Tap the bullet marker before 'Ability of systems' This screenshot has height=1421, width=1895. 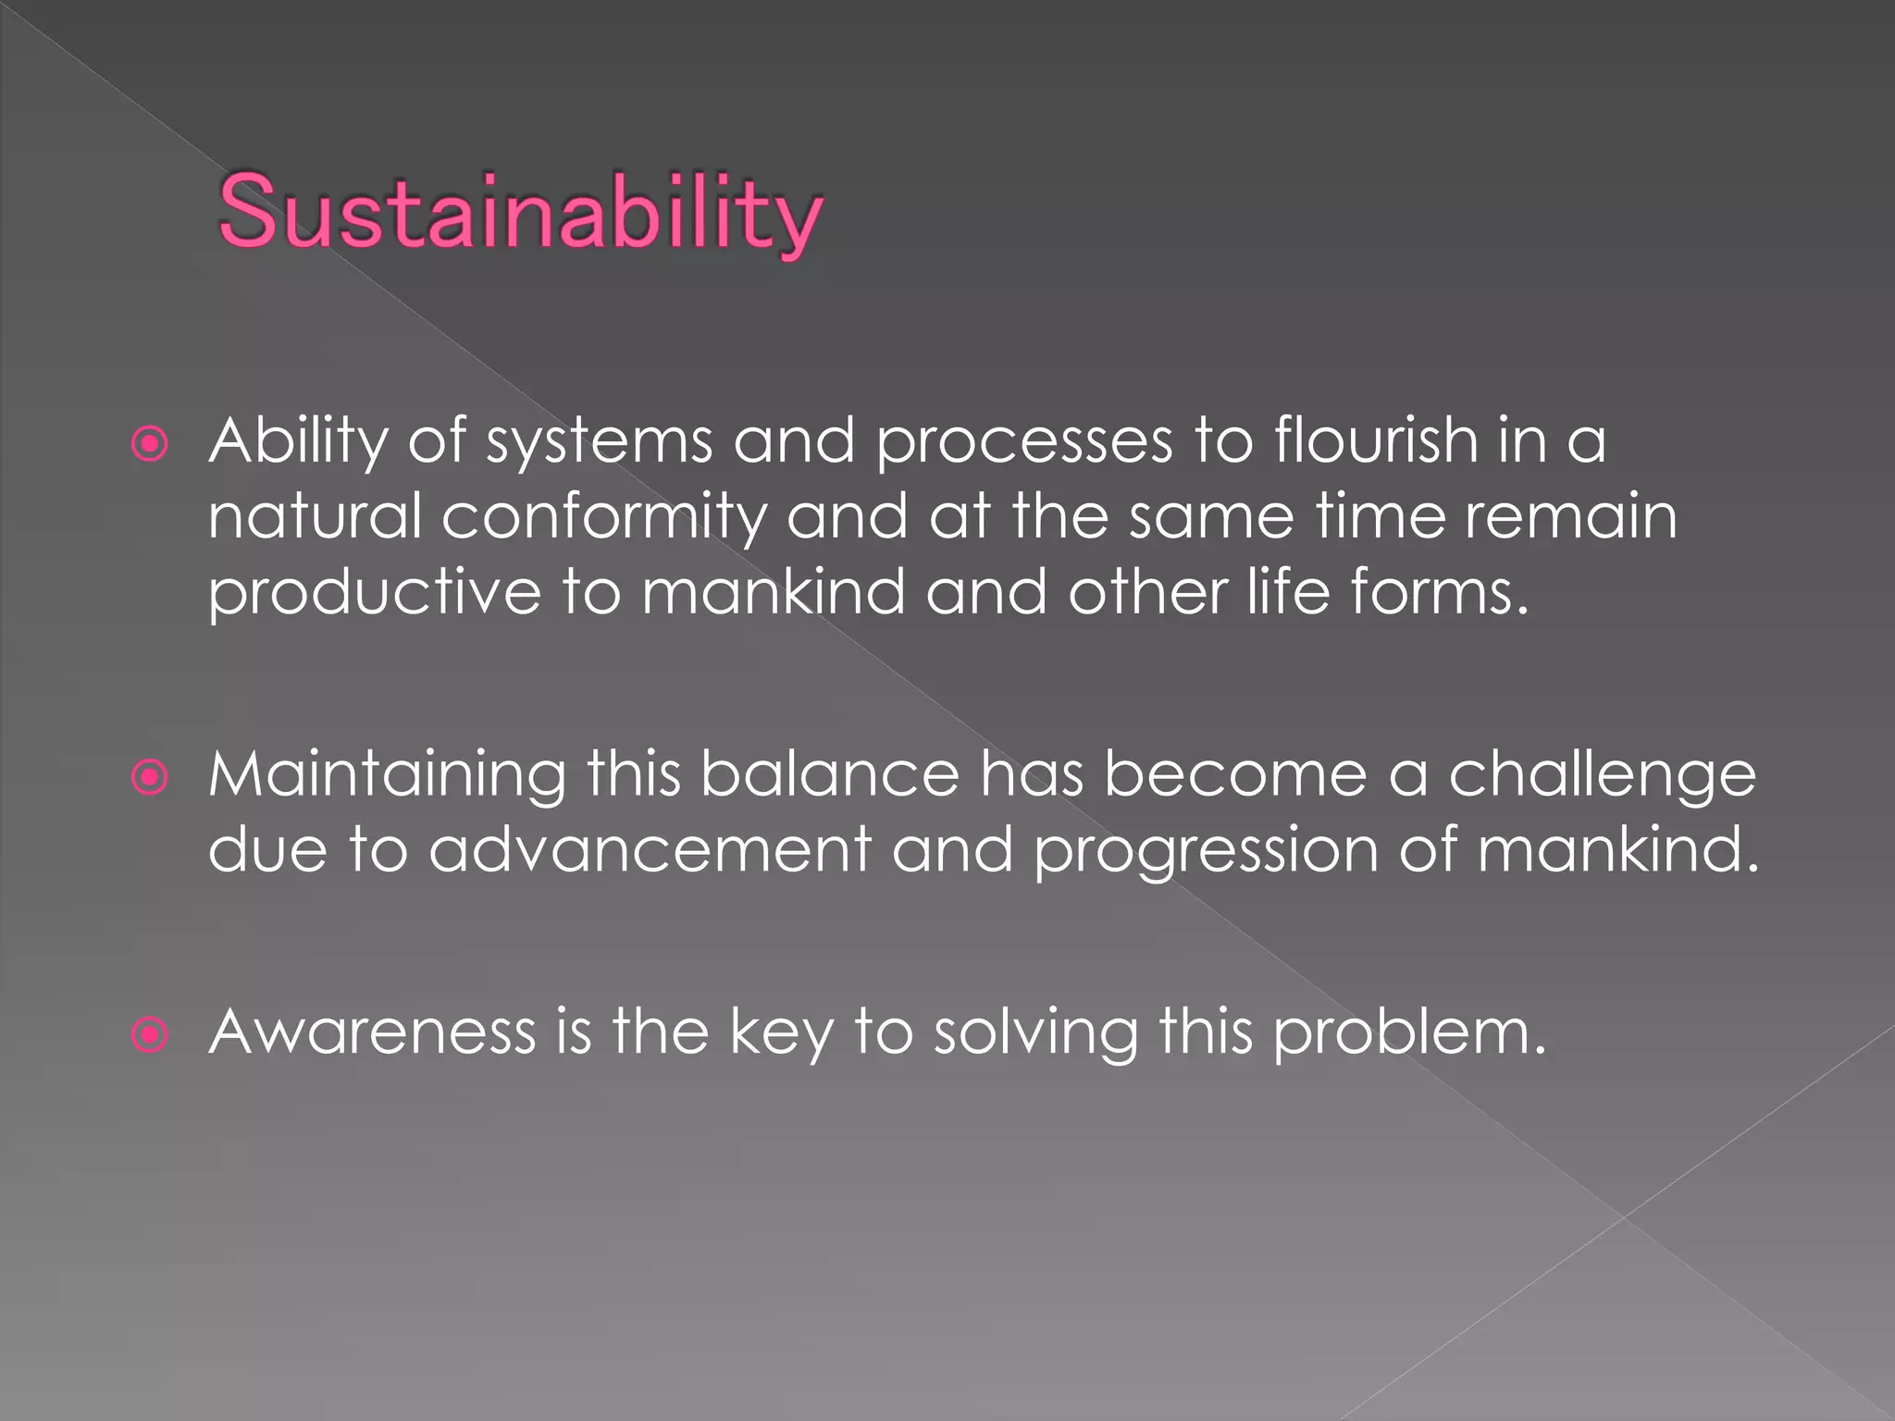click(150, 444)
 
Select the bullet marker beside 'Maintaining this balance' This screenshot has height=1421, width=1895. click(150, 777)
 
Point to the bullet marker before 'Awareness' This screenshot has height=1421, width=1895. click(150, 1034)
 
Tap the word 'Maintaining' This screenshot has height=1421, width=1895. click(387, 773)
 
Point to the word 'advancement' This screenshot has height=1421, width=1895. click(650, 849)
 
